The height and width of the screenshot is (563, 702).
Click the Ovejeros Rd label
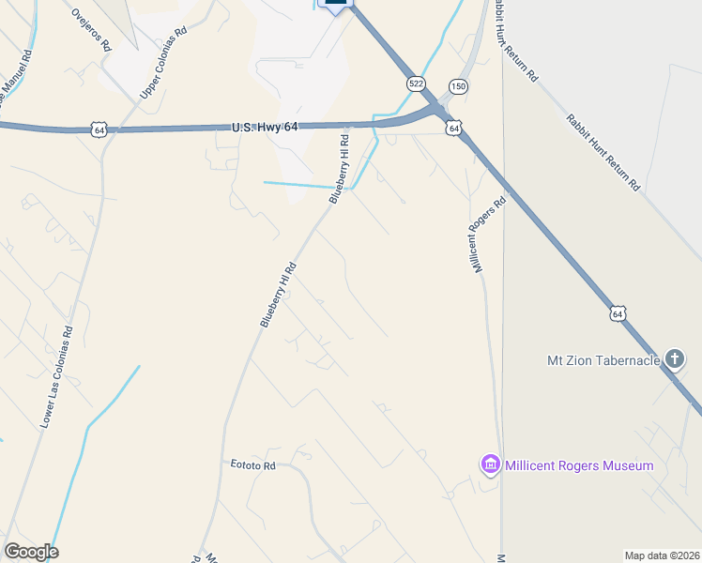click(x=91, y=30)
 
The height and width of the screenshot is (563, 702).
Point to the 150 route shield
click(x=457, y=86)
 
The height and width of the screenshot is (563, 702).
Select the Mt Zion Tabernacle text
click(x=603, y=359)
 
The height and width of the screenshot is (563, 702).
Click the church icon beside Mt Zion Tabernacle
click(x=674, y=358)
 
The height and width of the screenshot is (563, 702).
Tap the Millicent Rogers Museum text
click(x=579, y=465)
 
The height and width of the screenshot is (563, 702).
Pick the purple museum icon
click(x=489, y=464)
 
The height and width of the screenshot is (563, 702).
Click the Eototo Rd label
click(x=253, y=464)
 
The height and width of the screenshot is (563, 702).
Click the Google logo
click(x=31, y=552)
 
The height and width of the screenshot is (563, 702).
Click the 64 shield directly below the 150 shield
click(x=454, y=128)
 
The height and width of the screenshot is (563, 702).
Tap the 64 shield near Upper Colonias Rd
click(x=99, y=129)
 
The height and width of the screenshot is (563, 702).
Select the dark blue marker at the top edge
click(x=335, y=4)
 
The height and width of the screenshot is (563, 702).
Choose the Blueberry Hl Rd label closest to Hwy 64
click(x=341, y=168)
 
